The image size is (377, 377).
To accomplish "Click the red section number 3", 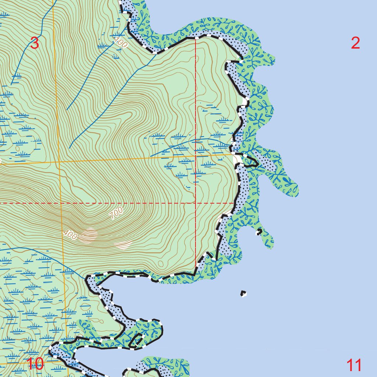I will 34,43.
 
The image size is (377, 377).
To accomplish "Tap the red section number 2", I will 355,43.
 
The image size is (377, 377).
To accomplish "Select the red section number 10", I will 35,364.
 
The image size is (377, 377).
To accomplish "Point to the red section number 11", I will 354,366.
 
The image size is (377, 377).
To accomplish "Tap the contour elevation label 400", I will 70,235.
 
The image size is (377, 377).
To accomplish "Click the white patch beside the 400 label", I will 89,235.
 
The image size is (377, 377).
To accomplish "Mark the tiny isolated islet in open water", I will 243,293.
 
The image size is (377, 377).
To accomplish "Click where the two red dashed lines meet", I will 195,203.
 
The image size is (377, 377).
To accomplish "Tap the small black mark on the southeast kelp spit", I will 259,232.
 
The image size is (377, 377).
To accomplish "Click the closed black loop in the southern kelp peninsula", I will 137,340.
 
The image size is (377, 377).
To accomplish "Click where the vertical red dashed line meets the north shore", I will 195,38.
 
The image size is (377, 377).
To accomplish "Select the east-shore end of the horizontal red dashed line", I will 235,202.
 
